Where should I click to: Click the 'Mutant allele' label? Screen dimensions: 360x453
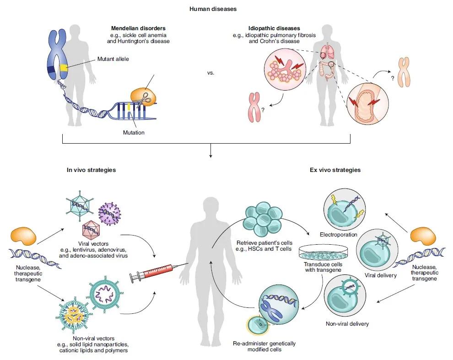[x=113, y=59]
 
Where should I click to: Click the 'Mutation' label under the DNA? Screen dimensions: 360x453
[x=133, y=133]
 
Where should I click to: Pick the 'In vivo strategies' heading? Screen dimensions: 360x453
[x=92, y=170]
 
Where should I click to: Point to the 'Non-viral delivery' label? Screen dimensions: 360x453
[x=347, y=324]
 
